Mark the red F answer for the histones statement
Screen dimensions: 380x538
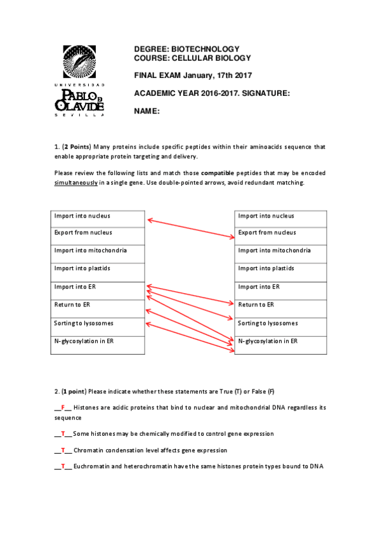pos(63,407)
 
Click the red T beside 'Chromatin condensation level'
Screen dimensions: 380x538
pos(63,450)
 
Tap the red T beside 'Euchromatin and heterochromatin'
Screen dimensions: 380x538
pos(63,467)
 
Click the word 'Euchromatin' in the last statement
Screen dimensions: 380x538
pos(91,467)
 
